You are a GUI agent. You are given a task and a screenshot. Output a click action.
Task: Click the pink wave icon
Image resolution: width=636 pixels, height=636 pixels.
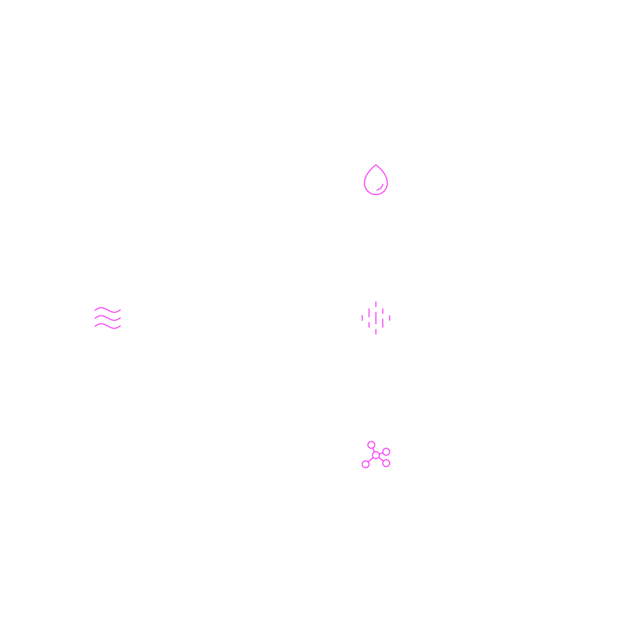108,318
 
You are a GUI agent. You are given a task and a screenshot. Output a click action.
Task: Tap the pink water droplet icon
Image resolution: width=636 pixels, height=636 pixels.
376,180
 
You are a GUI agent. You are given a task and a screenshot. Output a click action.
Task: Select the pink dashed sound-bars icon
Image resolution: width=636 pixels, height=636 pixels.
376,318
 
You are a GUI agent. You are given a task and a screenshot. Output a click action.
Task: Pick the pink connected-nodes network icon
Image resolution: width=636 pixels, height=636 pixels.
376,455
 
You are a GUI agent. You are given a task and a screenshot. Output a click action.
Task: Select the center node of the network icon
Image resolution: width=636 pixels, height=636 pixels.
376,455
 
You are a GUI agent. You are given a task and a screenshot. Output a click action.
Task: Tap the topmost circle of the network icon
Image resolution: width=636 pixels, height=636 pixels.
371,445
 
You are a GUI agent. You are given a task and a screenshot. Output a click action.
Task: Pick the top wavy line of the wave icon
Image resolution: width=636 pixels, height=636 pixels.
108,309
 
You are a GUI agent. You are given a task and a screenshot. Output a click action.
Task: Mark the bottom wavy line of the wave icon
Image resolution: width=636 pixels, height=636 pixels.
108,326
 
